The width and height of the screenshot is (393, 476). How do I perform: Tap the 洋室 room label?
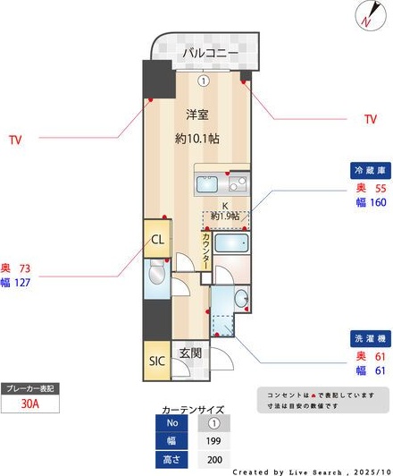coord(198,115)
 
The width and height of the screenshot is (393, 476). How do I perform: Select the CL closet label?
coord(155,240)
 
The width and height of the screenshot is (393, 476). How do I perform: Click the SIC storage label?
coord(155,361)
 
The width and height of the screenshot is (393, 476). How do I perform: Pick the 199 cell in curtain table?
coord(213,439)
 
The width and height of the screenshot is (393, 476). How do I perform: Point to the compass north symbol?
coord(368,14)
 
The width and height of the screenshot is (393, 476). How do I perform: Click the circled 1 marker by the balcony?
coord(204,81)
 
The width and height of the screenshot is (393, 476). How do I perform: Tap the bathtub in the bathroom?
coord(232,245)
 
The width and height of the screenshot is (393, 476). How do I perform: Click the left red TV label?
coord(14,139)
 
